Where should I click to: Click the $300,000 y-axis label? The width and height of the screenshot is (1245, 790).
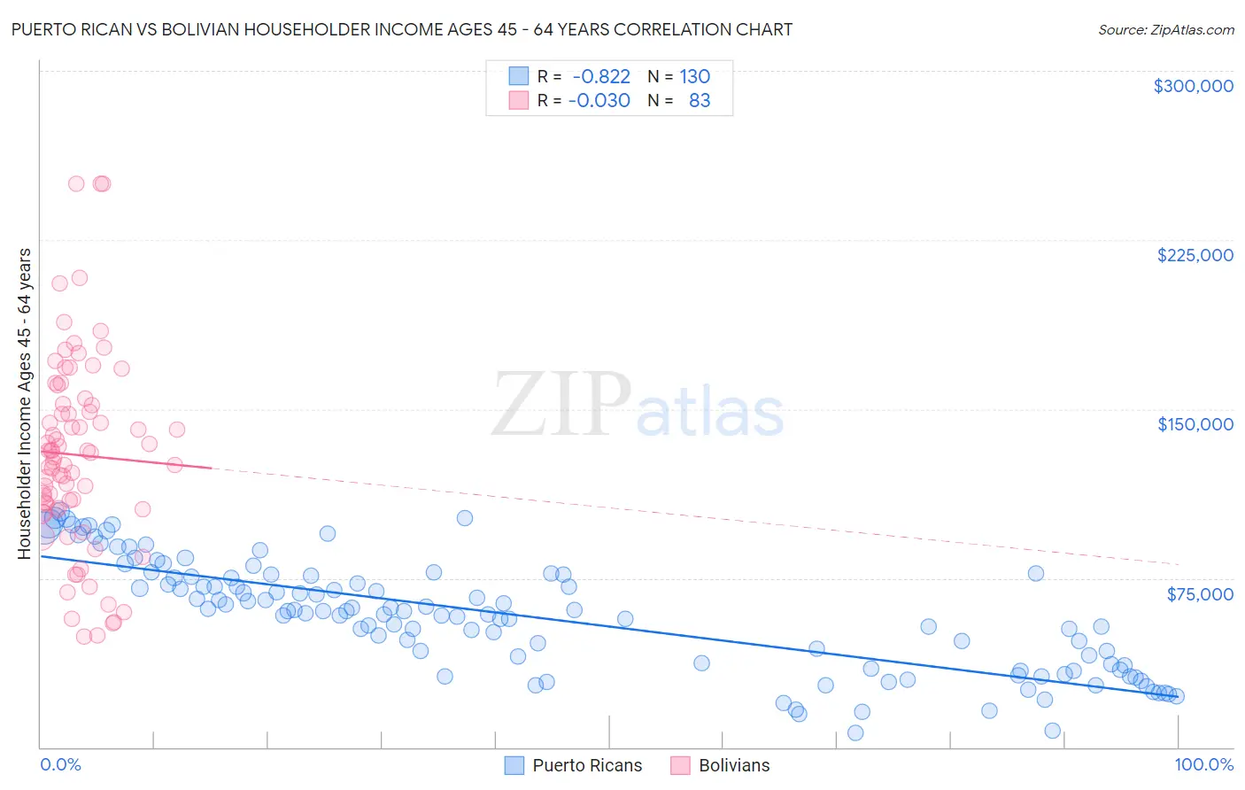pos(1193,86)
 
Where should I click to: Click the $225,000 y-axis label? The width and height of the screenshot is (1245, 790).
pos(1195,255)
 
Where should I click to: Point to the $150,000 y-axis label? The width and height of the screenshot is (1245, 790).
pos(1195,424)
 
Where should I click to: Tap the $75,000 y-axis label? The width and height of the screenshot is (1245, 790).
pos(1200,594)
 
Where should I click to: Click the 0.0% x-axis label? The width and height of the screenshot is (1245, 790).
pos(60,764)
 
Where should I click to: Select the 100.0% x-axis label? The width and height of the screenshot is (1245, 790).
pos(1203,764)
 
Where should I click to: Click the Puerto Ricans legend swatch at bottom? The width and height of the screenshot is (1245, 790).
pos(514,765)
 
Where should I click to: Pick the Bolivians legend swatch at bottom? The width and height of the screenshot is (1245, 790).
pos(680,765)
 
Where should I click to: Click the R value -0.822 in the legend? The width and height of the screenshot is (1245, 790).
pos(601,77)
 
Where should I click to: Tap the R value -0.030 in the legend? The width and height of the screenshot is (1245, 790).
pos(599,101)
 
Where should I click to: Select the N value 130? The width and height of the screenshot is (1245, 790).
pos(695,77)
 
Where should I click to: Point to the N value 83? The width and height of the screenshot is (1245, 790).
pos(700,101)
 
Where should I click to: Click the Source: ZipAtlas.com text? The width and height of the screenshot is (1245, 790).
pos(1165,29)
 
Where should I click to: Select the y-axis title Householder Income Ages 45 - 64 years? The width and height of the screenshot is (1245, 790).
pos(24,403)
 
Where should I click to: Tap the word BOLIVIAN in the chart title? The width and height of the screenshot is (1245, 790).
pos(210,29)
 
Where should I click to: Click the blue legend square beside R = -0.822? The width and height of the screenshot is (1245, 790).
pos(518,77)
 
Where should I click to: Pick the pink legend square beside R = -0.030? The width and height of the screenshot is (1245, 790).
pos(518,101)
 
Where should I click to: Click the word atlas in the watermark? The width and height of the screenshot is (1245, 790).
pos(710,412)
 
